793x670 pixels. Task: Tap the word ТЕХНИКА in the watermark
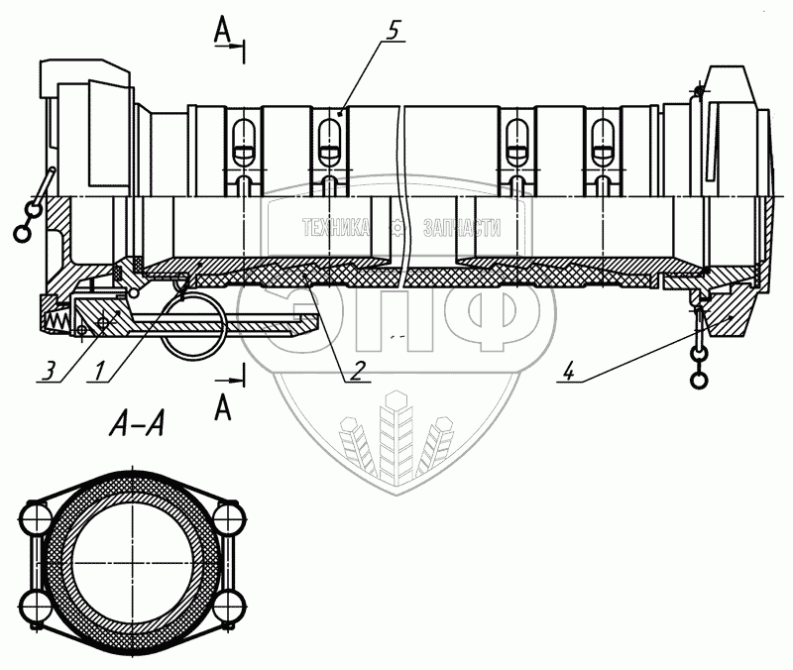coord(337,228)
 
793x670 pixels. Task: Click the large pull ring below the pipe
coord(195,328)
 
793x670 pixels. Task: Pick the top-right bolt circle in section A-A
coord(230,518)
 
